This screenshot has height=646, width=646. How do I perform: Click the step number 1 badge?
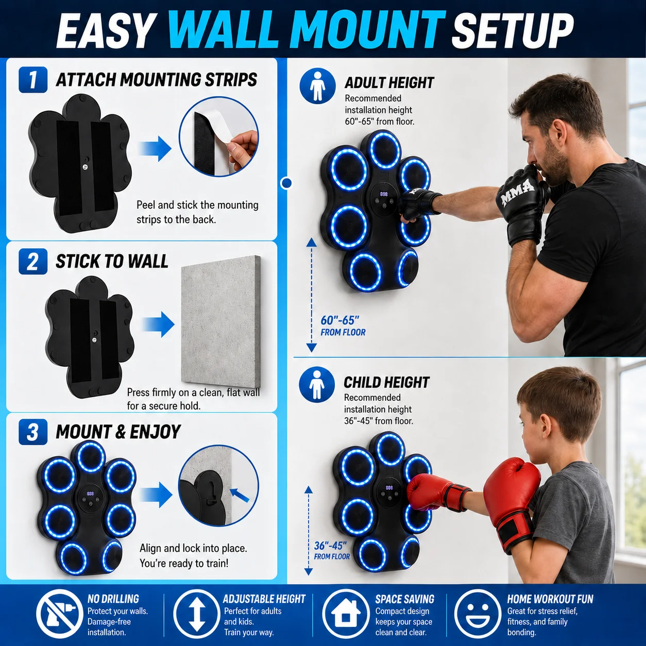coord(33,80)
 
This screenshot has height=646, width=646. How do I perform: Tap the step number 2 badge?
coord(33,262)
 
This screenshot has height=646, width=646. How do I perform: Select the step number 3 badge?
coord(33,432)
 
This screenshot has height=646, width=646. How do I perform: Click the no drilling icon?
coord(60,614)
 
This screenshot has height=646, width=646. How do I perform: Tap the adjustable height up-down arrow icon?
coord(197,614)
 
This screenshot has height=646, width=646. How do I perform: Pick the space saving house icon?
coord(346,614)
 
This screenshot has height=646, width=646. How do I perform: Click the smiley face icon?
coord(478,614)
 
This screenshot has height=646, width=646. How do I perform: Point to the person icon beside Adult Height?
coord(317,86)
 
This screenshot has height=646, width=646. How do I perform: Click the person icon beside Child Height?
coord(317,384)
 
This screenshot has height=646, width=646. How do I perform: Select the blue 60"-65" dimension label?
coord(339,320)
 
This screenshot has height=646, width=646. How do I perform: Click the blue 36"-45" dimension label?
coord(330,546)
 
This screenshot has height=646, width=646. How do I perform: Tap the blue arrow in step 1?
coord(155,148)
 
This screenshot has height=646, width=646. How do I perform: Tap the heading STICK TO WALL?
coord(112,262)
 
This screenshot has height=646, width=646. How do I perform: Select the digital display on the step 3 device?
coord(90,494)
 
